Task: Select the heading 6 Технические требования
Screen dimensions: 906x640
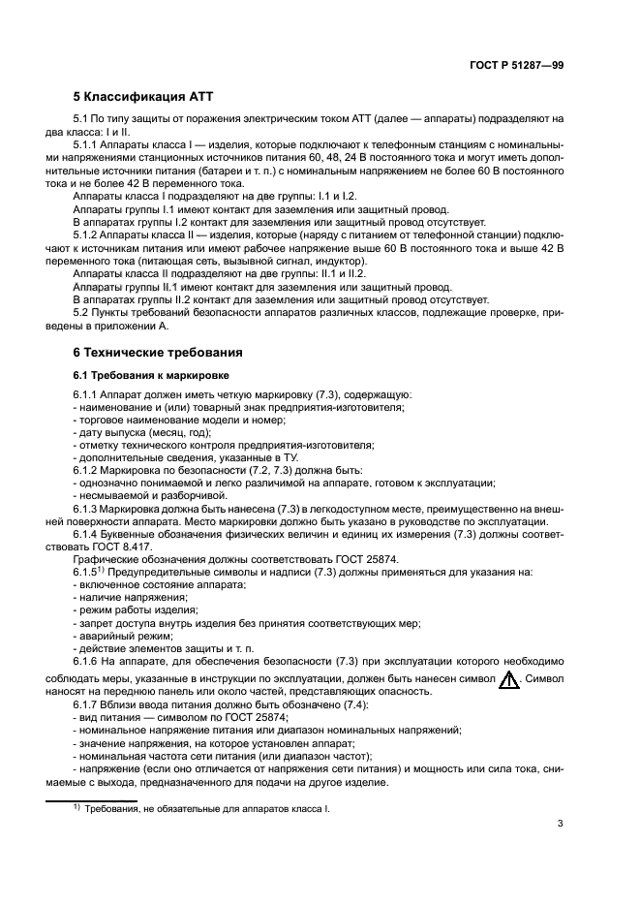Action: coord(158,352)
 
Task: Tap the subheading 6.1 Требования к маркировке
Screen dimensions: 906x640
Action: coord(148,374)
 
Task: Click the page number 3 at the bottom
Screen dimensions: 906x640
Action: coord(560,824)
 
